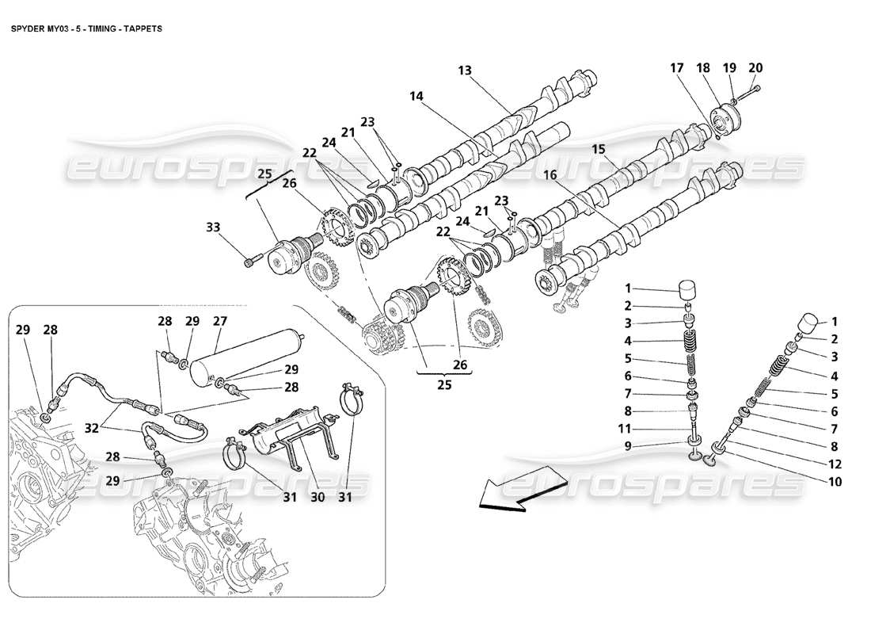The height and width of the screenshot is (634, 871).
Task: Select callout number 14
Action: coord(416,96)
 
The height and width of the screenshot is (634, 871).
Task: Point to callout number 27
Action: coord(219,321)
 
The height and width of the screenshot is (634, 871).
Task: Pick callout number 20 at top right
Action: coord(755,67)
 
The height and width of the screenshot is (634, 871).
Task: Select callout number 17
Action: coord(677,67)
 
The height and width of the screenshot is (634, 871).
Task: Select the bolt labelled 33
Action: coord(253,258)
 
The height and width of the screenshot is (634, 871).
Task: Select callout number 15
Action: coord(599,148)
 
